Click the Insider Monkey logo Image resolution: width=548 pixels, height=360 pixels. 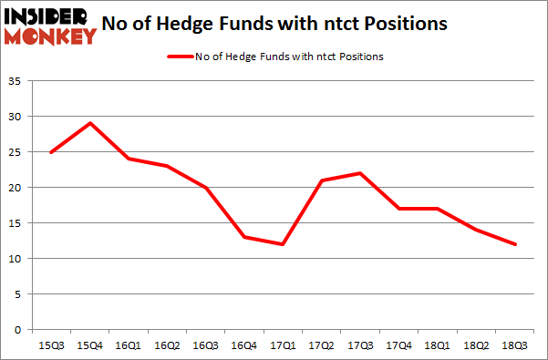click(x=49, y=25)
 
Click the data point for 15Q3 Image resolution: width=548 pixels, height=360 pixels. click(x=51, y=152)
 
